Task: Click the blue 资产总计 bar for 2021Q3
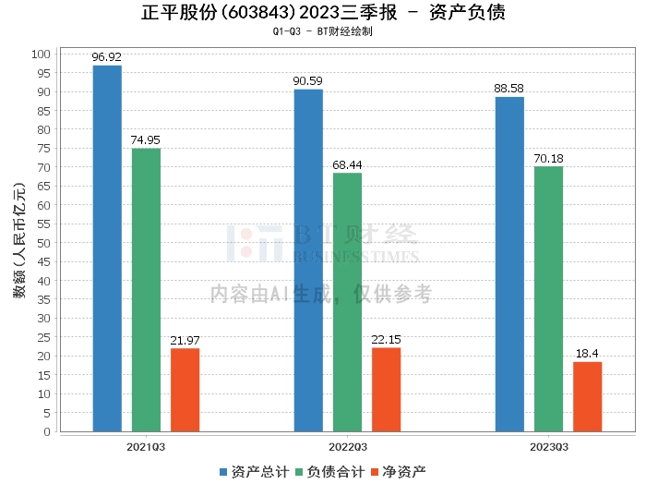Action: click(107, 248)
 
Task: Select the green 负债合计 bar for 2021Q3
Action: click(146, 290)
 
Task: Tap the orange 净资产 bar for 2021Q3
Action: click(185, 390)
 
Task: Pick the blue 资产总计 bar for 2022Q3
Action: click(308, 260)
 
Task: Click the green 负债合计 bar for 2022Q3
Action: click(347, 302)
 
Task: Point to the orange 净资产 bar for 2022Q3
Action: click(386, 390)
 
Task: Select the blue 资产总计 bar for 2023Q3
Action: click(509, 264)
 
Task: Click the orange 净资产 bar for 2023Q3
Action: click(587, 396)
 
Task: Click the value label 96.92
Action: click(107, 57)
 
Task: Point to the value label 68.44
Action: click(347, 164)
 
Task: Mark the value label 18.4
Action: click(587, 354)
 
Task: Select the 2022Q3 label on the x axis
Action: click(347, 445)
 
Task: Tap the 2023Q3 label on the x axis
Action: click(548, 445)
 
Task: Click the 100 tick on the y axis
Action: click(41, 54)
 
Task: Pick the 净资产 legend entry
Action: click(399, 471)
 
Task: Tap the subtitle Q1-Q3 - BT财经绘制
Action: click(322, 31)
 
